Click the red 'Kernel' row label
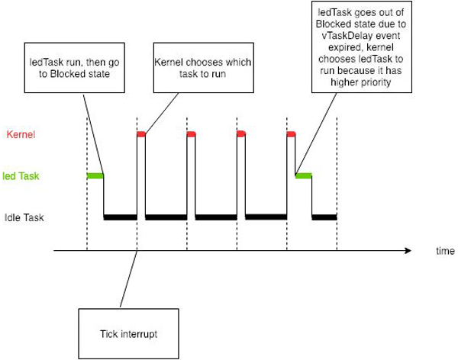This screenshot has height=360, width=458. [x=21, y=135]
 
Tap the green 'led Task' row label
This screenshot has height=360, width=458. [x=21, y=175]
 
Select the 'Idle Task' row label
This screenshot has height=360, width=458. [x=24, y=217]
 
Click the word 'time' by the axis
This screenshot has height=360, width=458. [x=446, y=251]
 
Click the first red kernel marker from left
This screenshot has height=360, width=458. [x=141, y=134]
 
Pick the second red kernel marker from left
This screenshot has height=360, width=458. [x=191, y=134]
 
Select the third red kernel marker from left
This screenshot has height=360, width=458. [x=240, y=134]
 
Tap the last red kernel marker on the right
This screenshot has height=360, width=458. [x=291, y=134]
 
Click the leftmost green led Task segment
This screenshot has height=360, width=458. [x=95, y=175]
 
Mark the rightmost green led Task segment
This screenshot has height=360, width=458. [x=303, y=175]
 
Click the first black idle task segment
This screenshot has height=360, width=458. [x=120, y=217]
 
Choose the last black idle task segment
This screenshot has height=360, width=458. [x=324, y=217]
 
